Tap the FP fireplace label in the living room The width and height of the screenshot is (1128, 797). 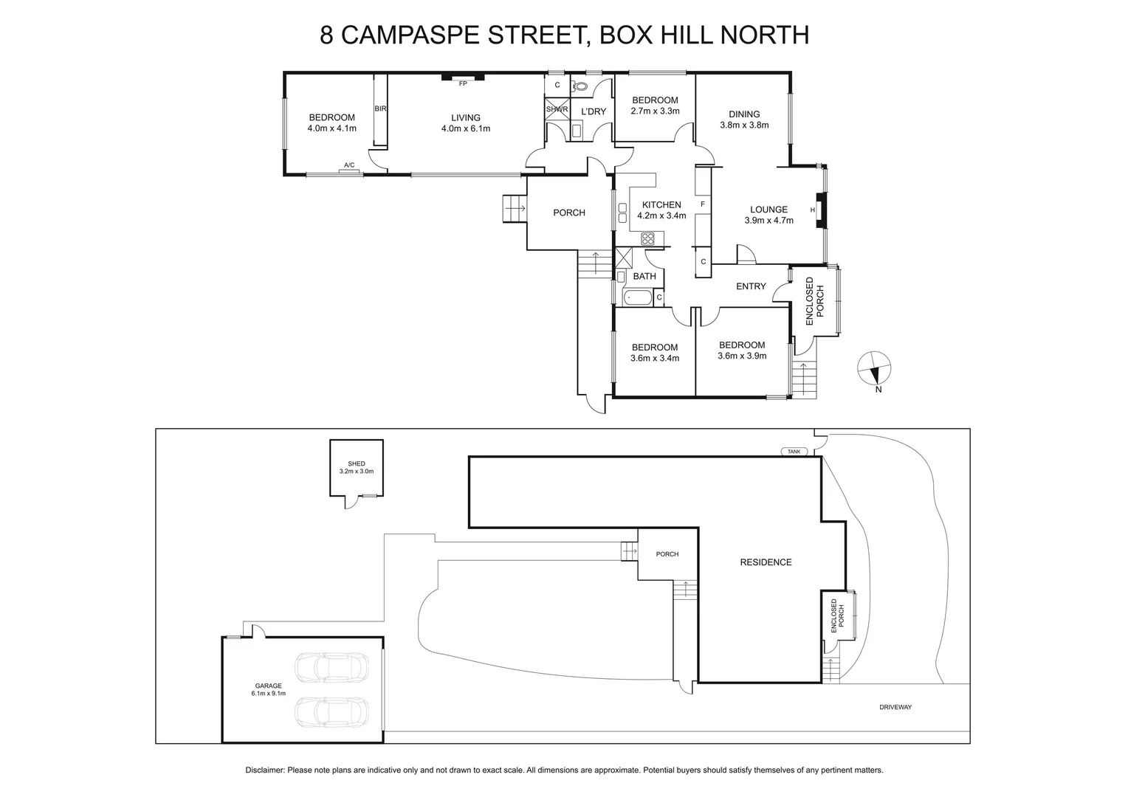[x=463, y=83]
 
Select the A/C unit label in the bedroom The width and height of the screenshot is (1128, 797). [x=349, y=165]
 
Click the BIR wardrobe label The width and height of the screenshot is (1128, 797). [x=380, y=108]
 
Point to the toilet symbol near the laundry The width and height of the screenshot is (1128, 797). [x=581, y=86]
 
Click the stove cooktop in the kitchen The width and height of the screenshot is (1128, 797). [x=647, y=238]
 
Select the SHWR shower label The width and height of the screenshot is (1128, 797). [x=557, y=109]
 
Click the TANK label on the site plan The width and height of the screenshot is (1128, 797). [x=794, y=452]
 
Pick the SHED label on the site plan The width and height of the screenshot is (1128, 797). [x=357, y=463]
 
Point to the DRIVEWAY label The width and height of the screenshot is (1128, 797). [x=895, y=707]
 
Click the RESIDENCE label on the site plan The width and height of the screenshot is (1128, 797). [x=766, y=562]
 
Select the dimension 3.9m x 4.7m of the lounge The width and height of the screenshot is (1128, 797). [x=768, y=220]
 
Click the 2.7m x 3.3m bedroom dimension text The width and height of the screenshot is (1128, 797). [x=655, y=111]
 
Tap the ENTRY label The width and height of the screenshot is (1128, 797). [x=751, y=286]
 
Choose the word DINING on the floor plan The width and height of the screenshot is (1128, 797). [x=744, y=114]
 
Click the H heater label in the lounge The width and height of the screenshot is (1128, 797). [x=812, y=210]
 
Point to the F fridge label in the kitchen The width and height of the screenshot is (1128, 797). [x=703, y=204]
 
